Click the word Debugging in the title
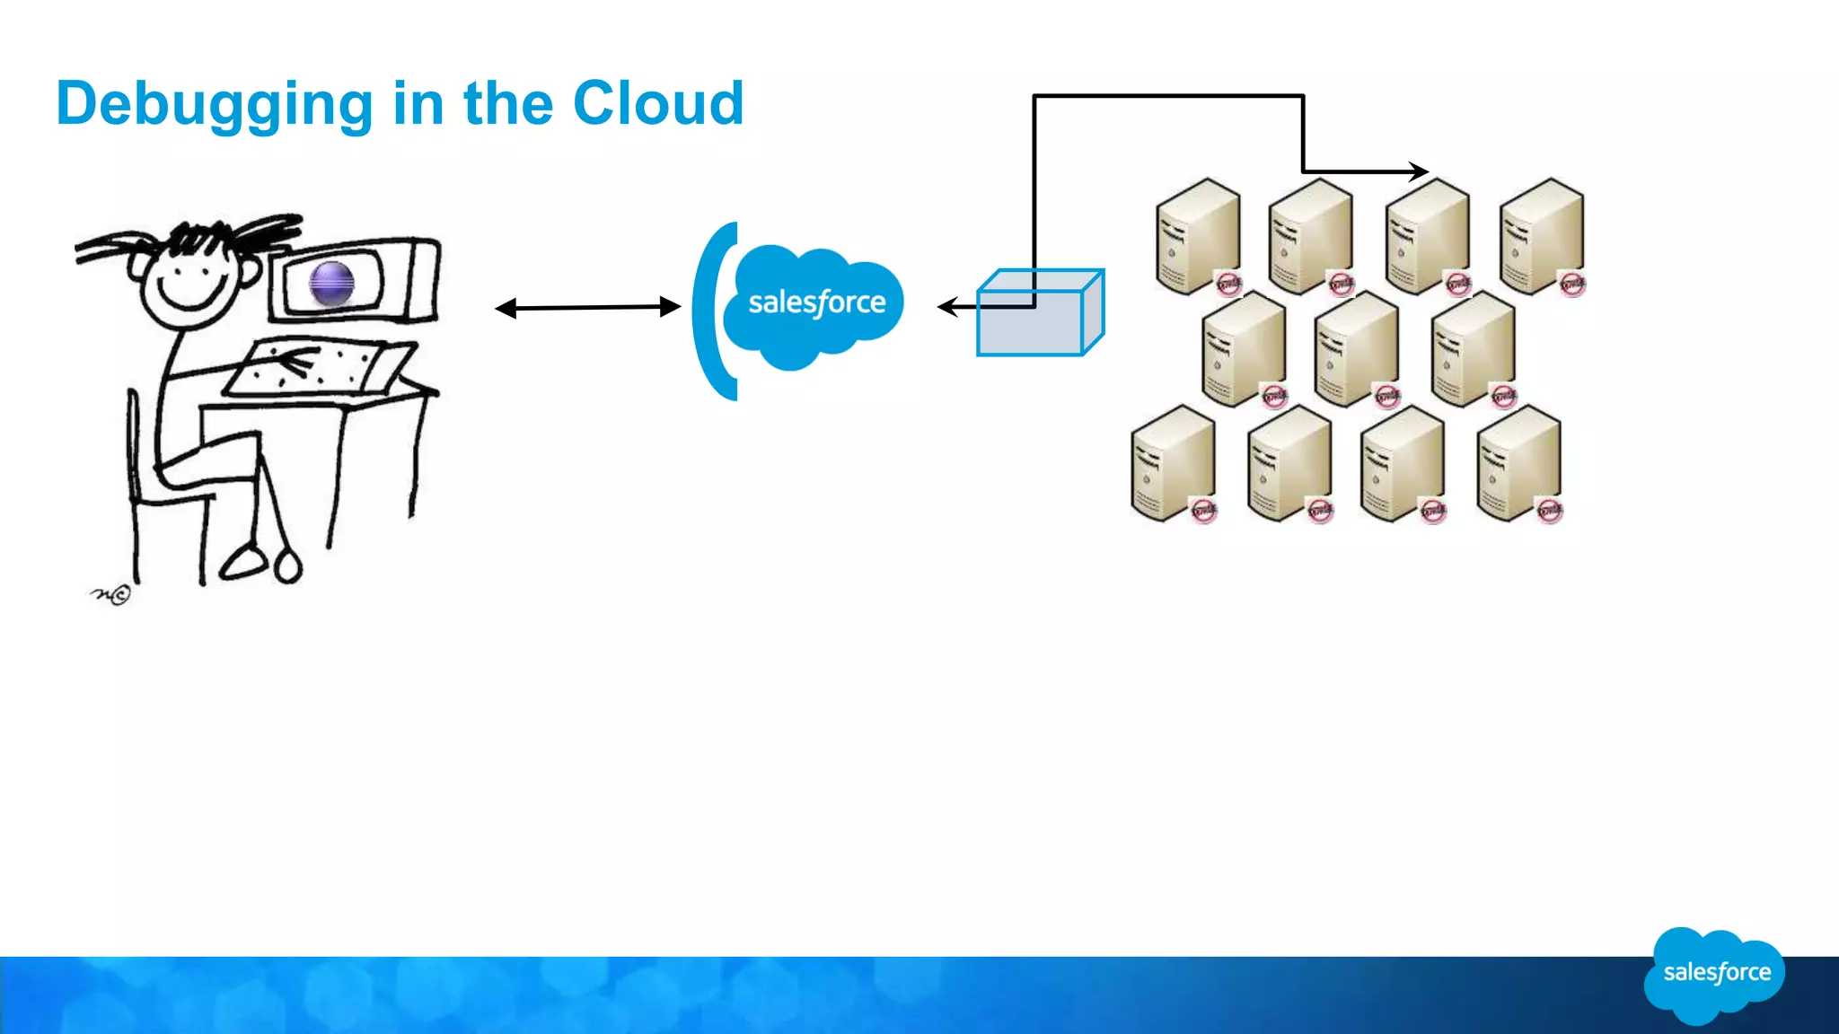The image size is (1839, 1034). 214,105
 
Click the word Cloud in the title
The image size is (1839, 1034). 658,103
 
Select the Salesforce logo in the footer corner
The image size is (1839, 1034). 1716,973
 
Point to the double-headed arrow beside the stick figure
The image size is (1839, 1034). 588,308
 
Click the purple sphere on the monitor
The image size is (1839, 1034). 331,284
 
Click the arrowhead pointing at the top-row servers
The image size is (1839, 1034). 1419,171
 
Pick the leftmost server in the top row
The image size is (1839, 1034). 1198,235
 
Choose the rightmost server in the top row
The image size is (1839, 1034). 1541,235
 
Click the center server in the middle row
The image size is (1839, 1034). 1356,348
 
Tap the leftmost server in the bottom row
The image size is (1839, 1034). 1173,462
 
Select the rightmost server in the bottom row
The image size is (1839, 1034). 1518,462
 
